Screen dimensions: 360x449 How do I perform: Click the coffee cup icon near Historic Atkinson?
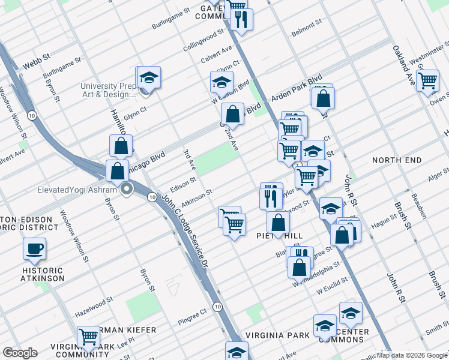pyautogui.click(x=35, y=248)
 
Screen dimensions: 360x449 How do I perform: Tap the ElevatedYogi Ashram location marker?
pyautogui.click(x=127, y=191)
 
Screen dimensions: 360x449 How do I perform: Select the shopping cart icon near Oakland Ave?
pyautogui.click(x=427, y=79)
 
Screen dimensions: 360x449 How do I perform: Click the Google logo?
pyautogui.click(x=20, y=352)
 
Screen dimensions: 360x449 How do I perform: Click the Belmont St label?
pyautogui.click(x=306, y=26)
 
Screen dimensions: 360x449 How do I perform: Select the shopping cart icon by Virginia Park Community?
pyautogui.click(x=88, y=336)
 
